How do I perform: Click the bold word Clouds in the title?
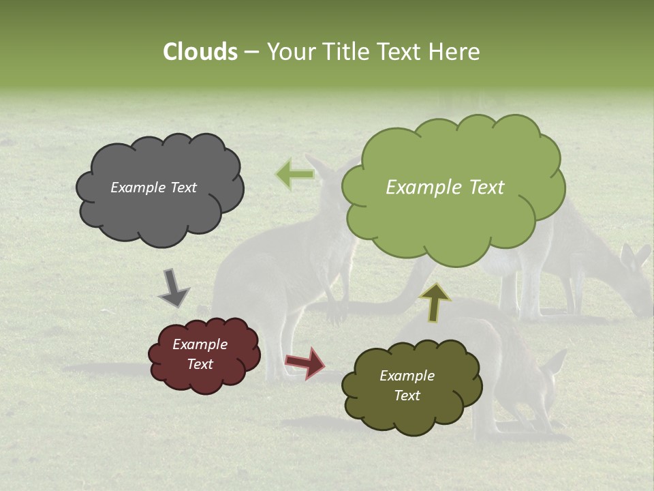[x=200, y=52]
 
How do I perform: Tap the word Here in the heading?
[x=454, y=52]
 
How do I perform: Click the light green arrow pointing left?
[x=295, y=175]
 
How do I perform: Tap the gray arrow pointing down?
[x=173, y=288]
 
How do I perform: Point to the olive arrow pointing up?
[x=435, y=302]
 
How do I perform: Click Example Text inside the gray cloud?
[x=153, y=188]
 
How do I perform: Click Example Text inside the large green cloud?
[x=445, y=188]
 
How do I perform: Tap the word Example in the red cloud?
[x=200, y=344]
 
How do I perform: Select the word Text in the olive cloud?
[x=407, y=396]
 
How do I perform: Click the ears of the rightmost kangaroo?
[x=635, y=256]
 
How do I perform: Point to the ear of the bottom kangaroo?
[x=555, y=362]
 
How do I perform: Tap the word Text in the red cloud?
[x=200, y=364]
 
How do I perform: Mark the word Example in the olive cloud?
[x=407, y=376]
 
